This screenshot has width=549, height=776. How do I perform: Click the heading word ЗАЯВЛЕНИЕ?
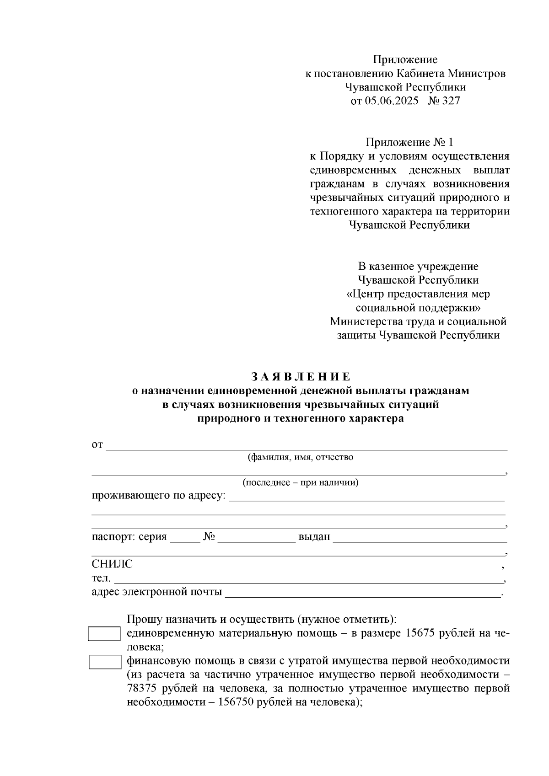[301, 377]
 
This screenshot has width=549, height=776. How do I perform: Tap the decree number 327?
[451, 101]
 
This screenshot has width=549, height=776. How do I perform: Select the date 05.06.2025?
[391, 101]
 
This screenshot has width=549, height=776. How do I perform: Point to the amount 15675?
[422, 633]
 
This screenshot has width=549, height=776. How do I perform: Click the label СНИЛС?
[112, 564]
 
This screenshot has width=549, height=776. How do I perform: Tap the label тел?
[101, 578]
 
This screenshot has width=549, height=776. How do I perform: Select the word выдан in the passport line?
[314, 537]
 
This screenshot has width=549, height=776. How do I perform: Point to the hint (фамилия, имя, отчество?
[300, 457]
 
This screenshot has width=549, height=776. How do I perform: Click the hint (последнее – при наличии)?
[300, 483]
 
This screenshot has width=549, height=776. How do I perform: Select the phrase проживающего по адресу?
[159, 496]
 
